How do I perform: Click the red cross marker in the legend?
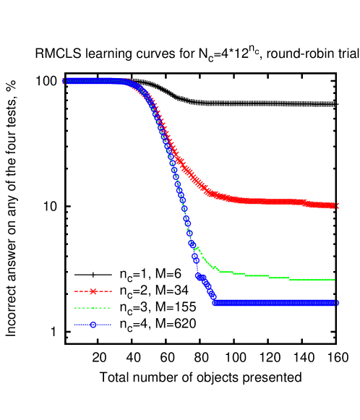[93, 291]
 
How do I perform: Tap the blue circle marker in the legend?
[93, 325]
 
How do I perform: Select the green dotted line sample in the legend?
[93, 308]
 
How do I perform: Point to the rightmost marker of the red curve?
[335, 206]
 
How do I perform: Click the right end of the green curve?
[334, 279]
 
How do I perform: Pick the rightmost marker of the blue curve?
[335, 302]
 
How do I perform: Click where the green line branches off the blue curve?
[196, 248]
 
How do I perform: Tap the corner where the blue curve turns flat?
[214, 301]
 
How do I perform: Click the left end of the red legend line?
[75, 291]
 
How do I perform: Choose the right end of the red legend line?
[111, 291]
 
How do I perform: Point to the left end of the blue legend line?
[75, 325]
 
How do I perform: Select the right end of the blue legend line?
[111, 325]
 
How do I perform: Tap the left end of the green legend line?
[75, 308]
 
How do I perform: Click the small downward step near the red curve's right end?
[304, 202]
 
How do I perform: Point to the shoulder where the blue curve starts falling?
[130, 82]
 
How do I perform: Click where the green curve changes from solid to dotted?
[289, 278]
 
